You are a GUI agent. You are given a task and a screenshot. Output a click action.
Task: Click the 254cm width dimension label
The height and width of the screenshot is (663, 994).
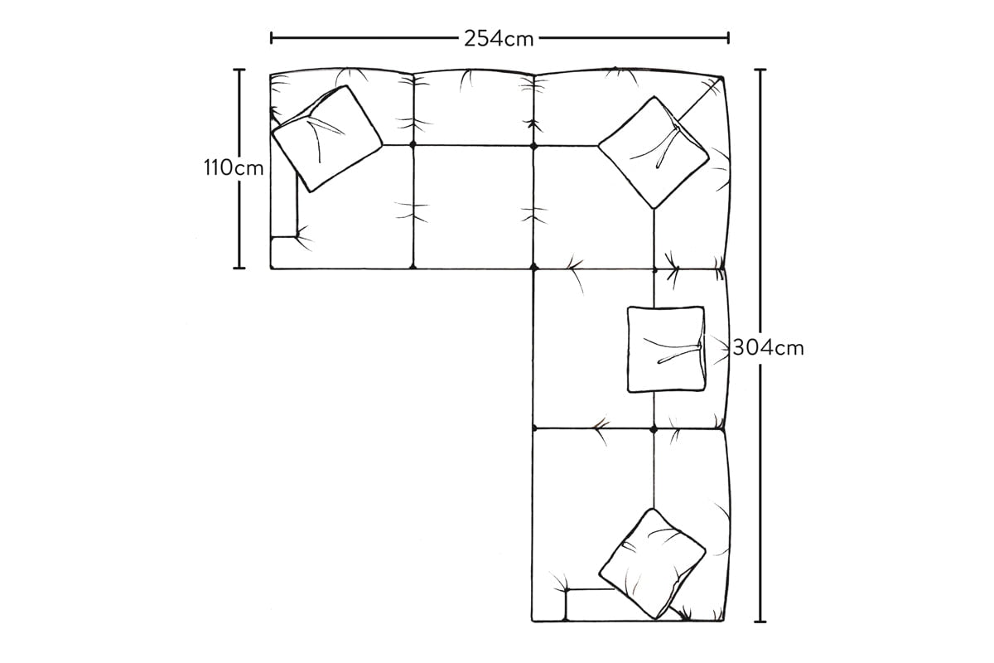(x=499, y=39)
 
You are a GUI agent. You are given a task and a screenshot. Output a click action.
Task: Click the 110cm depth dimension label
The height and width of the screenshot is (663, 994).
(x=234, y=168)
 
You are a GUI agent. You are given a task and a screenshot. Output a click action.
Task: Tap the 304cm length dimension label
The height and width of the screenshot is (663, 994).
(x=768, y=348)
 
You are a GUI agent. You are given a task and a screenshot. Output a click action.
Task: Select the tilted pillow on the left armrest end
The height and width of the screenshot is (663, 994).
(x=327, y=138)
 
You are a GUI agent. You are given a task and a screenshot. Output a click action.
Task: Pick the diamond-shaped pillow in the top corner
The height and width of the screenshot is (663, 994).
(x=654, y=152)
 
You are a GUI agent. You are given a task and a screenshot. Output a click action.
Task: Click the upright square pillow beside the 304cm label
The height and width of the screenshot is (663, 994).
(x=666, y=349)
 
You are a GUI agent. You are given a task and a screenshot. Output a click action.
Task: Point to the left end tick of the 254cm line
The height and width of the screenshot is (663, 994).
(x=271, y=38)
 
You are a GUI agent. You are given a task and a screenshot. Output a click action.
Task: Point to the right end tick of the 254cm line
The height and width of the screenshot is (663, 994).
(x=728, y=38)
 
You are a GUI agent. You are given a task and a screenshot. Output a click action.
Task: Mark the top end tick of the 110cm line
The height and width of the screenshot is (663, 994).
(x=239, y=70)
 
